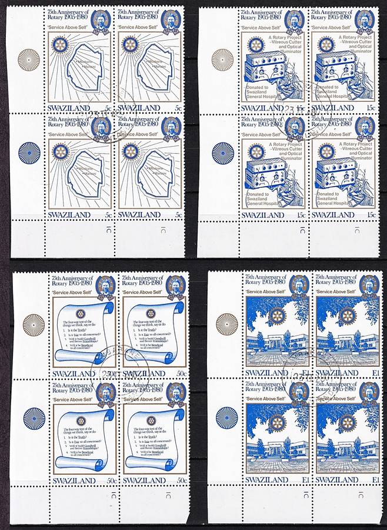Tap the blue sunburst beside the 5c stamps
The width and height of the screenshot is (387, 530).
[x=29, y=153]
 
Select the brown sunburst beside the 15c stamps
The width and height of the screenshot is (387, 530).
[x=222, y=59]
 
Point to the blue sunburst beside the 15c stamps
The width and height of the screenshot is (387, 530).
[x=222, y=153]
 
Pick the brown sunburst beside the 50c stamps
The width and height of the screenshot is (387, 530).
[x=34, y=324]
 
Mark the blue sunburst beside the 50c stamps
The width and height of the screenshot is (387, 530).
[x=34, y=418]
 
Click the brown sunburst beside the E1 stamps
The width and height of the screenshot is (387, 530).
[x=226, y=324]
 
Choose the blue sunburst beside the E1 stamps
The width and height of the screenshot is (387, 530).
[x=226, y=418]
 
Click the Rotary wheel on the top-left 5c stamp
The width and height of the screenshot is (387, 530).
[x=59, y=44]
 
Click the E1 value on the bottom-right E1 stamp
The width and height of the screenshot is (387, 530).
[x=375, y=481]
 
